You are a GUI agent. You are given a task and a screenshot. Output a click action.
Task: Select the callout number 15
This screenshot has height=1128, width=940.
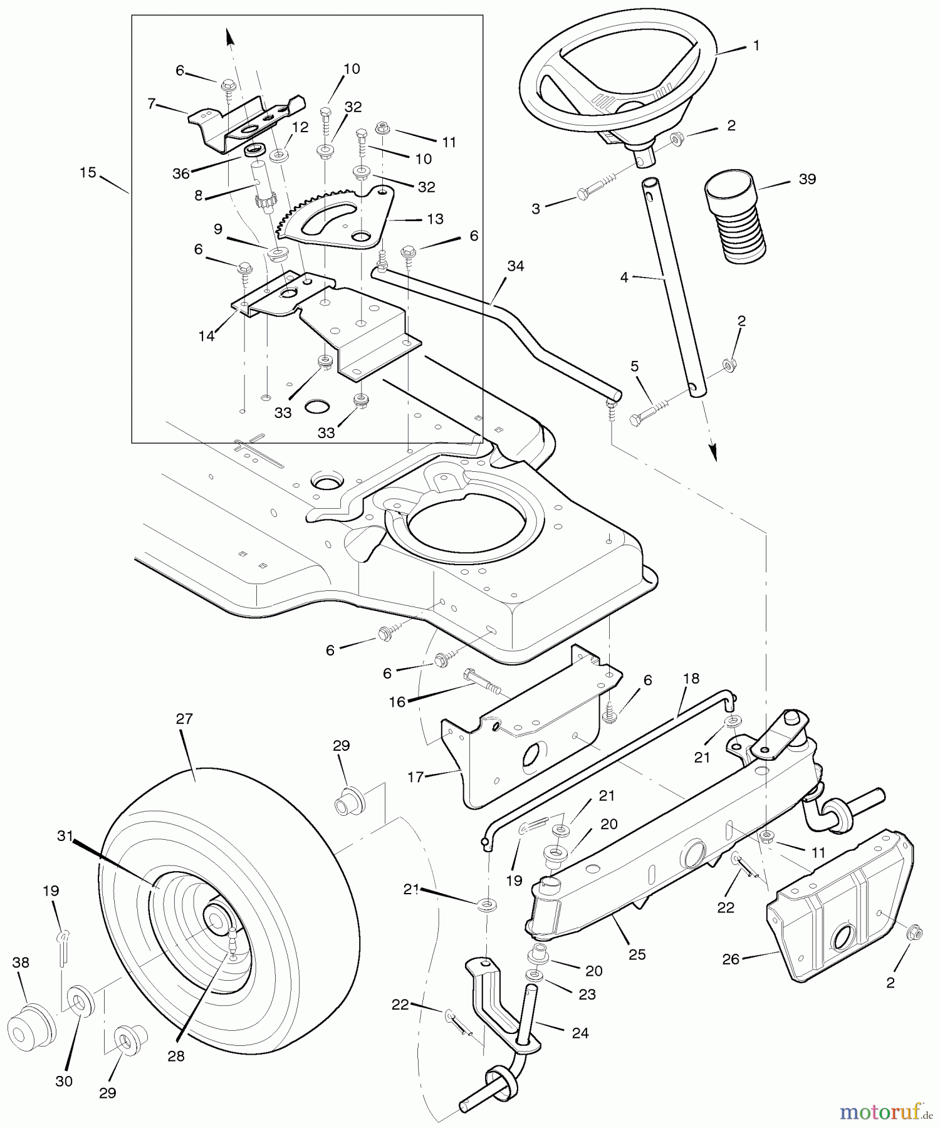(x=88, y=172)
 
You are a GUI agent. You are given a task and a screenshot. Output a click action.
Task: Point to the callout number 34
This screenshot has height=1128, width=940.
(x=515, y=266)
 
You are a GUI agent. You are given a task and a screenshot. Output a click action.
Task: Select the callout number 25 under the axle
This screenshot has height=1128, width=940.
(x=637, y=954)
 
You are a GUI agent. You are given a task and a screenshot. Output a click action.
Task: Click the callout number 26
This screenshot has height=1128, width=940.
(x=731, y=959)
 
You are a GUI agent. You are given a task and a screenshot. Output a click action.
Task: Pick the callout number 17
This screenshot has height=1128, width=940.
(x=415, y=777)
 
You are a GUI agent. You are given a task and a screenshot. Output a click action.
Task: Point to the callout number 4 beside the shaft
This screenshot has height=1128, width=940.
(x=624, y=276)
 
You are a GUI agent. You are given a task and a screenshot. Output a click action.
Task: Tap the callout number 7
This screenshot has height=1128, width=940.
(x=151, y=104)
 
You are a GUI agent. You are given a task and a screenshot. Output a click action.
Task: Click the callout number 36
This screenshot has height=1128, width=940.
(x=180, y=174)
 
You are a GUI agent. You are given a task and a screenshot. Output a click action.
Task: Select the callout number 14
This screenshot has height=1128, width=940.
(x=206, y=336)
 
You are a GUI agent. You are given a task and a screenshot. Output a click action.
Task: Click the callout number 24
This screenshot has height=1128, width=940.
(x=580, y=1033)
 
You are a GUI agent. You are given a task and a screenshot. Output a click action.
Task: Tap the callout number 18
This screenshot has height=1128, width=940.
(x=691, y=678)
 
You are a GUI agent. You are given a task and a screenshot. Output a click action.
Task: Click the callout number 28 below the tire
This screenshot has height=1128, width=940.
(x=176, y=1056)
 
